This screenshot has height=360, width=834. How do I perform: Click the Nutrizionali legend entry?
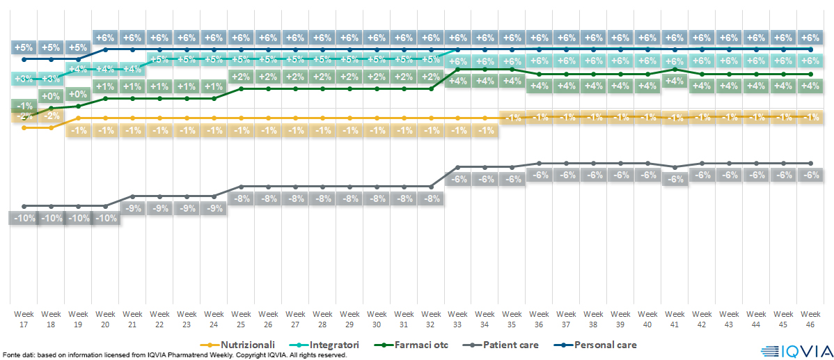click(241, 345)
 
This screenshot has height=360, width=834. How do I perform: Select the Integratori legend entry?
click(332, 345)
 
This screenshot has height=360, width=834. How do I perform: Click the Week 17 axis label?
click(24, 319)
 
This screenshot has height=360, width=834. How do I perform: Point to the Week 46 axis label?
click(810, 319)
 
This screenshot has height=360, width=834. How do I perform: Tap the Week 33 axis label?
click(458, 319)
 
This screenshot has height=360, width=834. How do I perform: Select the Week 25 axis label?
click(241, 319)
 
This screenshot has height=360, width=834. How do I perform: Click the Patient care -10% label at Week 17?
click(24, 218)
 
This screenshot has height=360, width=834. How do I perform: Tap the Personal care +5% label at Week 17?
click(24, 47)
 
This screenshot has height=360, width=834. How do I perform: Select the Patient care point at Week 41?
click(675, 167)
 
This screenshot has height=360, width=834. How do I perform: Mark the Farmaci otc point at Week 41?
click(675, 70)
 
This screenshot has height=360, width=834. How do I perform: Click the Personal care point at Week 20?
click(105, 50)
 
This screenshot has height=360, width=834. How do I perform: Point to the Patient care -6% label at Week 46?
click(810, 175)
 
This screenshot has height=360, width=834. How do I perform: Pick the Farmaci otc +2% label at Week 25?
click(241, 77)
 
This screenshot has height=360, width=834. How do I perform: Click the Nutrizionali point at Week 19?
click(78, 118)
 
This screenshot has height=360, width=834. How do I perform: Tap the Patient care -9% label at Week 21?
click(132, 208)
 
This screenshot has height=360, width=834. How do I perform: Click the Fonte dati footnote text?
click(174, 355)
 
